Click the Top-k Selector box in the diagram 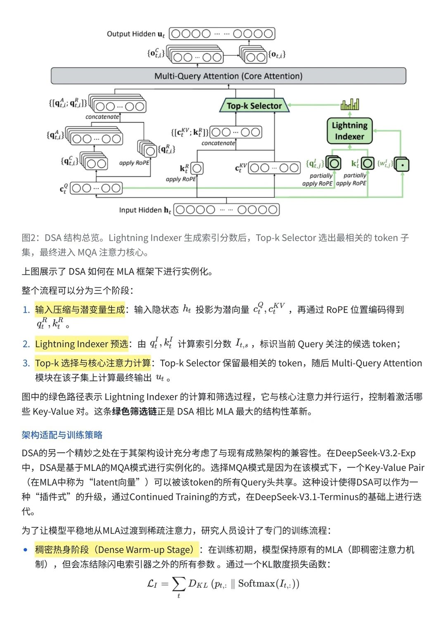254,106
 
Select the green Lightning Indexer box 349,131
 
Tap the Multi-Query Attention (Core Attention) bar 228,76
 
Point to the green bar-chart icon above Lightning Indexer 349,104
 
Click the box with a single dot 402,164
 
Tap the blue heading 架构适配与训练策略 62,435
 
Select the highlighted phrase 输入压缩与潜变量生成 80,310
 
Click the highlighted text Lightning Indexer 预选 81,344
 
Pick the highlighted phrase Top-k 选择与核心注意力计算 93,363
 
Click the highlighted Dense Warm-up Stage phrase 116,550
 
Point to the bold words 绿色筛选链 134,412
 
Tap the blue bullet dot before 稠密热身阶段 26,550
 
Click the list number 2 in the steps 26,344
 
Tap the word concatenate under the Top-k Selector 218,143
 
